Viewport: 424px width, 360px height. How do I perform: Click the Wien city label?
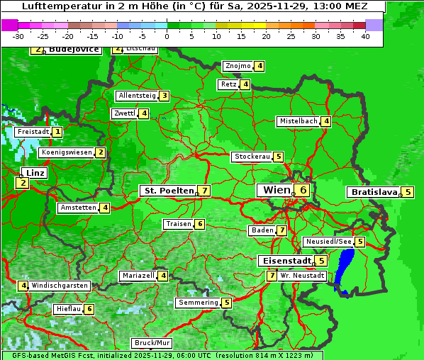tap(276, 190)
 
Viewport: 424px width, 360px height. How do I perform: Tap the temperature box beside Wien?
tap(303, 190)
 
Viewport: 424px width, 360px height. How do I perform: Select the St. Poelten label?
tap(167, 191)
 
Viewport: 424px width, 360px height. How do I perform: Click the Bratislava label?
tap(374, 192)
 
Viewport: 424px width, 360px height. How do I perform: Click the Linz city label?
tap(34, 173)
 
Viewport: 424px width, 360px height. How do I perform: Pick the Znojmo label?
tap(238, 66)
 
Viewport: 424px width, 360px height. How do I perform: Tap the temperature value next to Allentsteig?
tap(164, 96)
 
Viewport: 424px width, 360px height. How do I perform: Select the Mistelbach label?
tap(299, 121)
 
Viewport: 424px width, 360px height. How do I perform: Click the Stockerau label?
tap(252, 157)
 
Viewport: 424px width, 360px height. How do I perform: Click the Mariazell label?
tap(138, 275)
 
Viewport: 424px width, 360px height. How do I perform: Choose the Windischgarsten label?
tap(60, 286)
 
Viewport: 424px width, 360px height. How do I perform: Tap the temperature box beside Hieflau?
tap(89, 309)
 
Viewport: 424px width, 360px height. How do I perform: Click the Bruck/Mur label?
tap(152, 343)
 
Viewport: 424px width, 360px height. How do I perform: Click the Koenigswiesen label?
tap(67, 152)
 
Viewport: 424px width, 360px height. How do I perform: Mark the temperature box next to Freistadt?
tap(57, 132)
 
